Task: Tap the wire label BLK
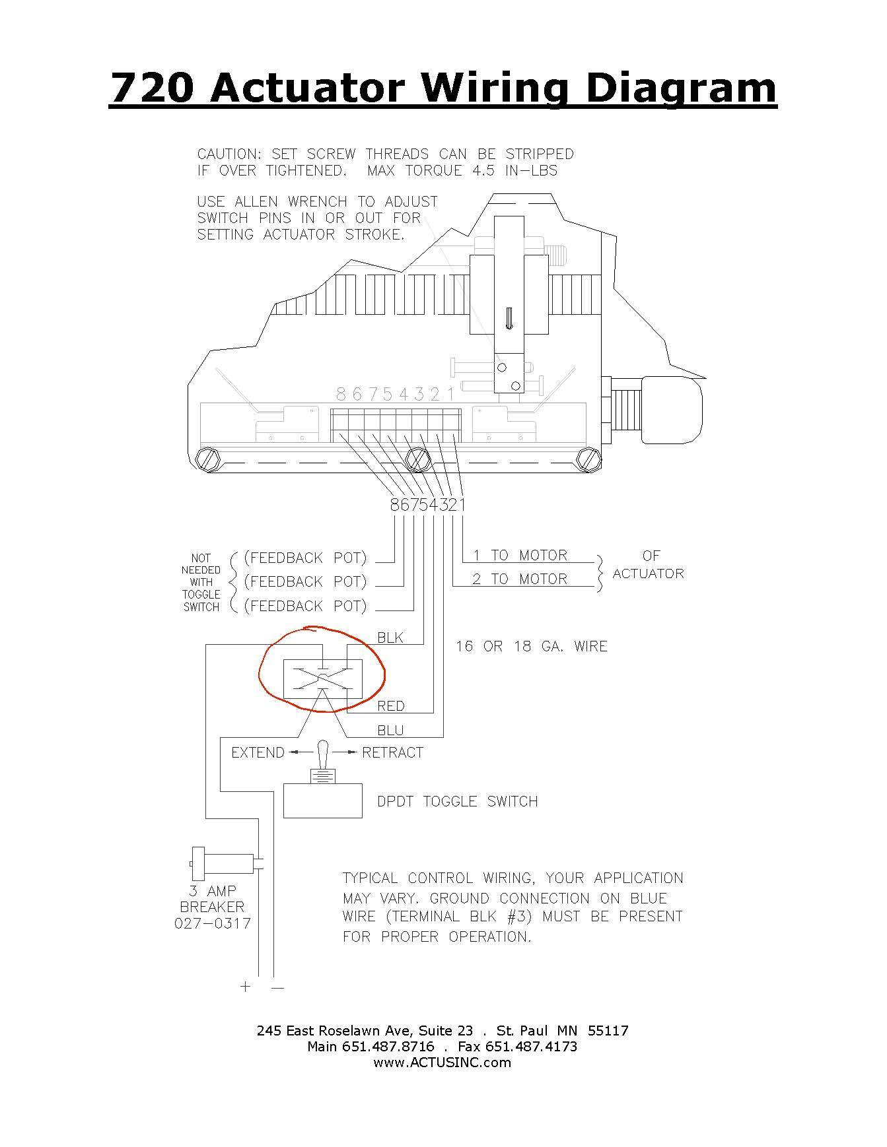[x=390, y=638]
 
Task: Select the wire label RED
[x=390, y=706]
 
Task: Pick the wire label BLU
[x=390, y=731]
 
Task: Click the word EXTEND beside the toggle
[x=258, y=753]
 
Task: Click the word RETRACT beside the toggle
[x=392, y=753]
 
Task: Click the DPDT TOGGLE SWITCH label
[x=457, y=801]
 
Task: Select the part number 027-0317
[x=213, y=923]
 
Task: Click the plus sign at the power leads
[x=246, y=987]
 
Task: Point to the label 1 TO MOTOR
[x=520, y=556]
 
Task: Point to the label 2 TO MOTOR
[x=520, y=579]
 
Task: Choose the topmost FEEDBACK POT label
[x=305, y=558]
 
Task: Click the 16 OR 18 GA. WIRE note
[x=531, y=646]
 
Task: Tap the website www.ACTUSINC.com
[x=442, y=1063]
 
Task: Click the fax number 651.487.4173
[x=531, y=1047]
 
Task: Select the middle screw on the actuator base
[x=417, y=459]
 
